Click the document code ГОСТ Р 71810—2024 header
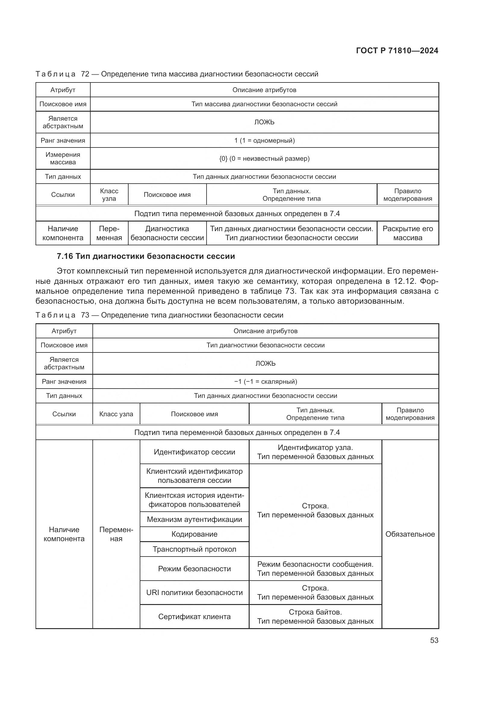tap(397, 51)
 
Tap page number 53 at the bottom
tap(434, 640)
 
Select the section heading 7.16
tap(146, 256)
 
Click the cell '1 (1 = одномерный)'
tap(264, 141)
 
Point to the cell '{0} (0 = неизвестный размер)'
tap(264, 159)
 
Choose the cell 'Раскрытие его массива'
tap(408, 233)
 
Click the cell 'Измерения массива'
tap(63, 159)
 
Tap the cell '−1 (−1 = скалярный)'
tap(265, 381)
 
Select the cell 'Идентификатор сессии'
tap(195, 452)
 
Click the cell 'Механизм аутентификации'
tap(195, 519)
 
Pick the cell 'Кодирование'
tap(195, 534)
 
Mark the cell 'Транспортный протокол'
tap(195, 549)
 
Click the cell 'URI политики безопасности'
tap(195, 592)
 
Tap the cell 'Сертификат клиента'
tap(195, 617)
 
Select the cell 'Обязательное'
tap(410, 534)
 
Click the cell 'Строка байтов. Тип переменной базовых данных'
tap(315, 617)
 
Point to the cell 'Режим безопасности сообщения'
tap(315, 569)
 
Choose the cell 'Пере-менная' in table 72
tap(109, 233)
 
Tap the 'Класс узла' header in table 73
tap(116, 414)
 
